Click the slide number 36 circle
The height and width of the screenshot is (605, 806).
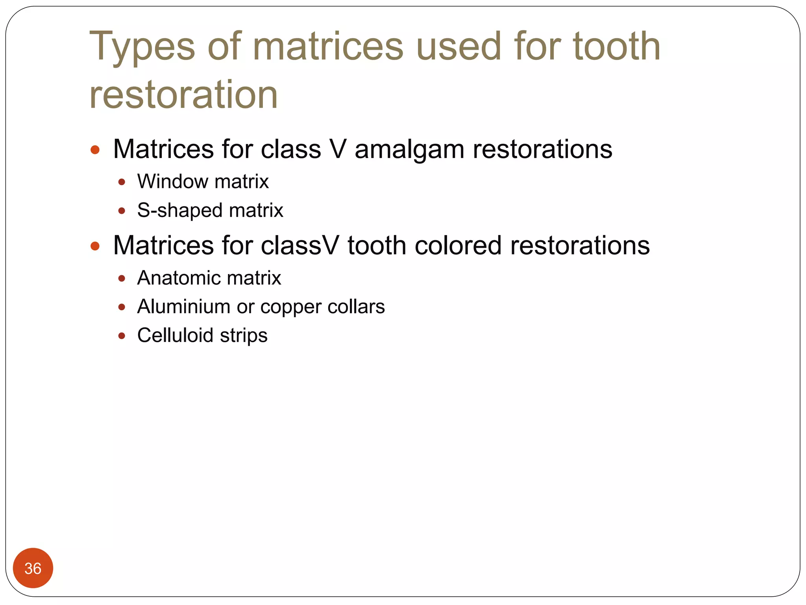point(33,568)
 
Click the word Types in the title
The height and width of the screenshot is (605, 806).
point(142,47)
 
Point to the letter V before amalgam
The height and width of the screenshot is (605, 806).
point(338,149)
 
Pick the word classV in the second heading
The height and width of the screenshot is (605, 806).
point(299,245)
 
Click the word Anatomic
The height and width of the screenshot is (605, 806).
point(178,278)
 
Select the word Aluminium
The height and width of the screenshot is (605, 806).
point(184,306)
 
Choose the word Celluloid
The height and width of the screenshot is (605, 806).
point(175,335)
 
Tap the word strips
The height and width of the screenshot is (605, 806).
point(244,336)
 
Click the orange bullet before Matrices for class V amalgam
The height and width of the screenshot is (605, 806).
point(95,150)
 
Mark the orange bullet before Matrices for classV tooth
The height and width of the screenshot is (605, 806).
point(95,246)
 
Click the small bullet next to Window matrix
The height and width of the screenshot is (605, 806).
point(122,182)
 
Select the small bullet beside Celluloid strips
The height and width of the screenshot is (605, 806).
point(122,336)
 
